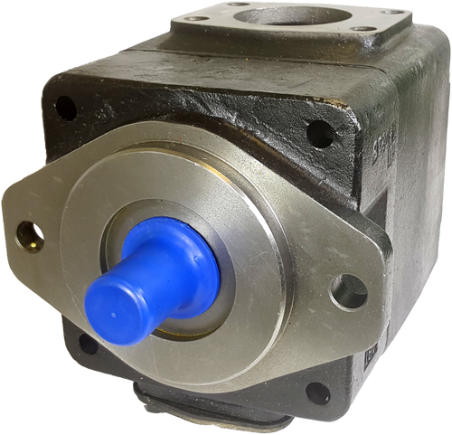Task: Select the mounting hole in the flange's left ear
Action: [x=29, y=236]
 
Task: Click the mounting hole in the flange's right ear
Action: [x=348, y=291]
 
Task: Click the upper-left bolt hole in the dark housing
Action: [x=66, y=109]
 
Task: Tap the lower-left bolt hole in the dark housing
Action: [x=88, y=344]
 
